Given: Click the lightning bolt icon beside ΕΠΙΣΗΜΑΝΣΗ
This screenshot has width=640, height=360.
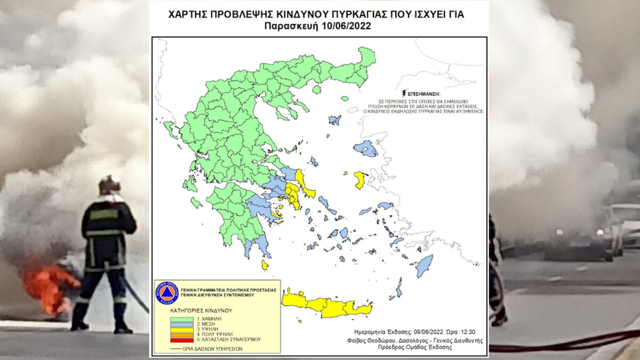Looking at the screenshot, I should pos(409,92).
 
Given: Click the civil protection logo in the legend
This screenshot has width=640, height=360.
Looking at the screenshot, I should pos(166,293).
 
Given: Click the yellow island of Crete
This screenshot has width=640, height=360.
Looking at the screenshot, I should pos(325,305).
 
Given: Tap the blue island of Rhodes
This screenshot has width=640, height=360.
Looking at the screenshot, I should pos(424,265).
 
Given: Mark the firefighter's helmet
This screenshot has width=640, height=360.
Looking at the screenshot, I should pos(109,185).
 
